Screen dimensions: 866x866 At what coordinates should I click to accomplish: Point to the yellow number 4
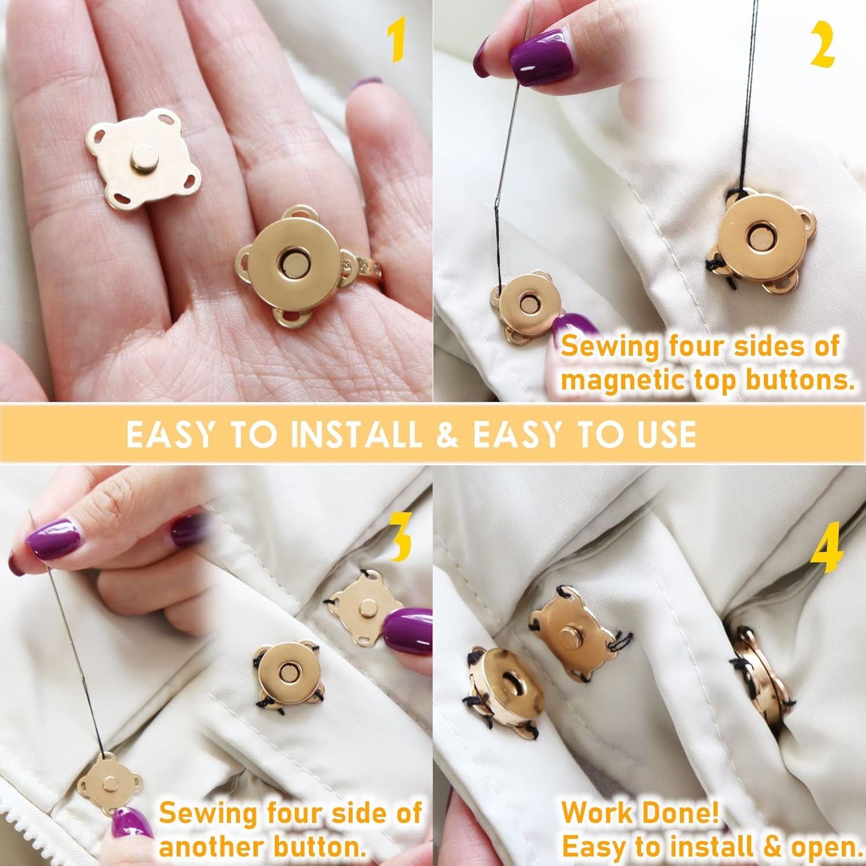click(827, 553)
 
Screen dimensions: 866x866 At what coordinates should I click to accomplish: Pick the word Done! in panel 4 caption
click(691, 813)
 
